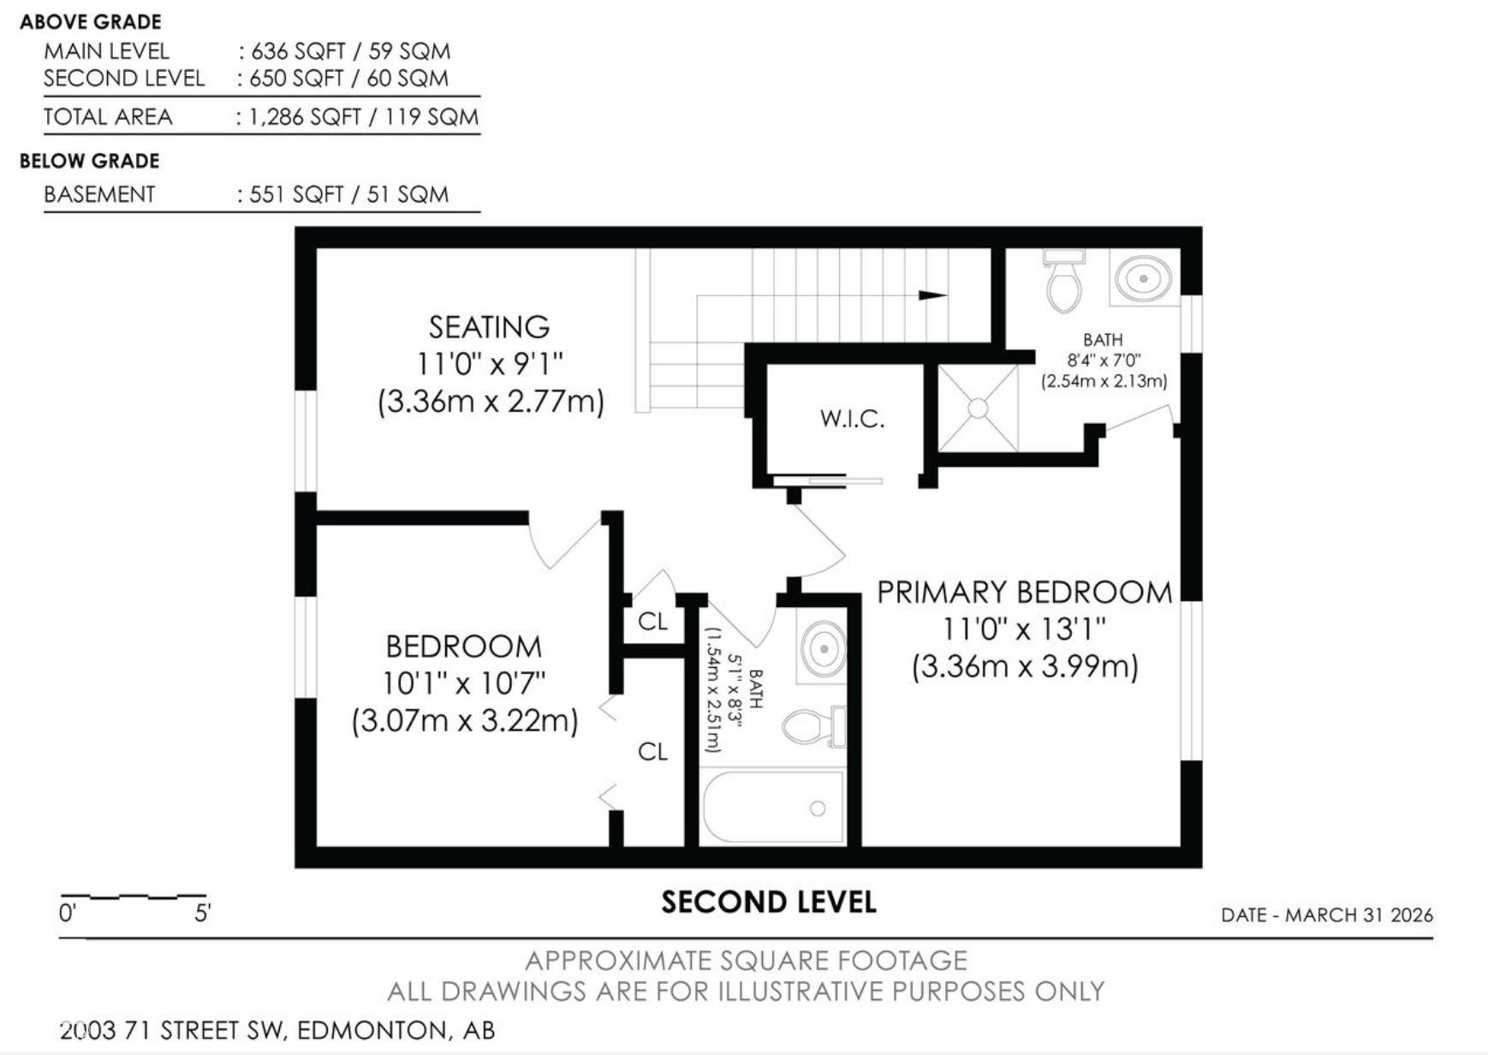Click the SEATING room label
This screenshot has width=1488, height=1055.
[489, 327]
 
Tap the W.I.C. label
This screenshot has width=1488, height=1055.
[852, 419]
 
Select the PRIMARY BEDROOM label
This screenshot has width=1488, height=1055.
[1024, 593]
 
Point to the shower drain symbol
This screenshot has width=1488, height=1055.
[978, 408]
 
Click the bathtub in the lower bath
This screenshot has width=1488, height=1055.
[772, 808]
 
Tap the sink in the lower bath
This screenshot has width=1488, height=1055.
[823, 650]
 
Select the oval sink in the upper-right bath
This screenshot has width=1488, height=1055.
[1143, 278]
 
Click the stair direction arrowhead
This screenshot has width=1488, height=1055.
[932, 295]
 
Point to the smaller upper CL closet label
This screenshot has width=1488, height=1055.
[652, 621]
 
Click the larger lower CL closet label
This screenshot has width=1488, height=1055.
[652, 751]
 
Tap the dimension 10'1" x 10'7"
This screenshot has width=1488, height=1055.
[463, 683]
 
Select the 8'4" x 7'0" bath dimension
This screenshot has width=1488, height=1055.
[1104, 361]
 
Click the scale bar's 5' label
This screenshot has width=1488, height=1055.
[202, 913]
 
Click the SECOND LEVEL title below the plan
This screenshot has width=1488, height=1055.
[768, 903]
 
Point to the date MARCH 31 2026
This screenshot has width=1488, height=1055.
[1358, 915]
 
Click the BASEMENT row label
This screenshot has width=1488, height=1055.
[99, 194]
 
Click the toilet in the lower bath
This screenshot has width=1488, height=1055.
[810, 726]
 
